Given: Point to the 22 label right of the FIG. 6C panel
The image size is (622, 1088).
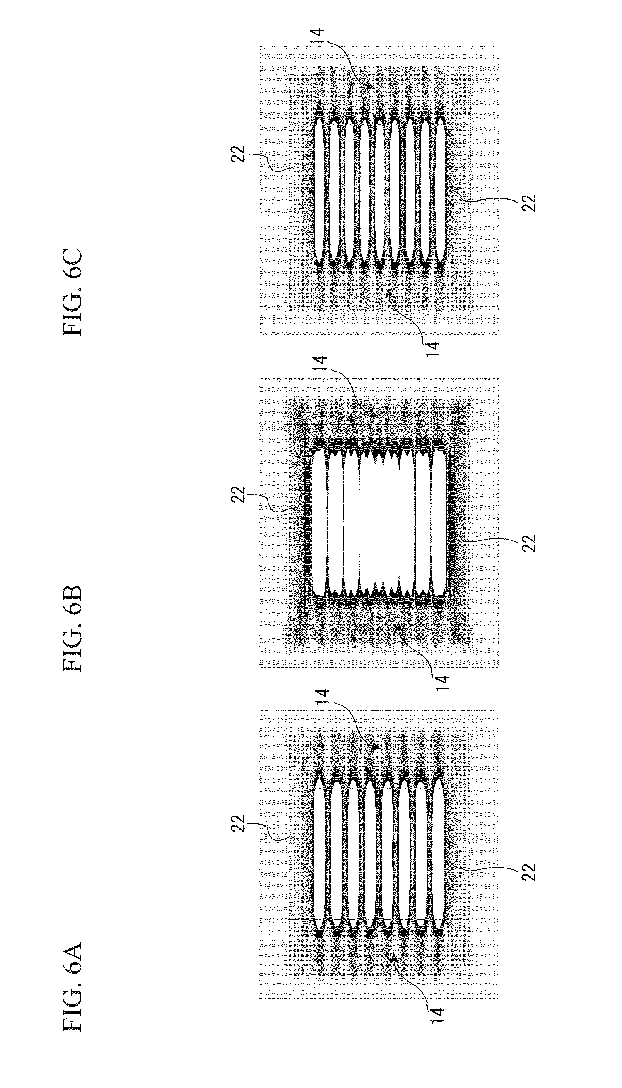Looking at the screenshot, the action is pos(528,202).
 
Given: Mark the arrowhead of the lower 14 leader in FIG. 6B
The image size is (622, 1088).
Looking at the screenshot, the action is pos(397,625).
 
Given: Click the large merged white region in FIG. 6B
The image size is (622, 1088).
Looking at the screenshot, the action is pos(378,523).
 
